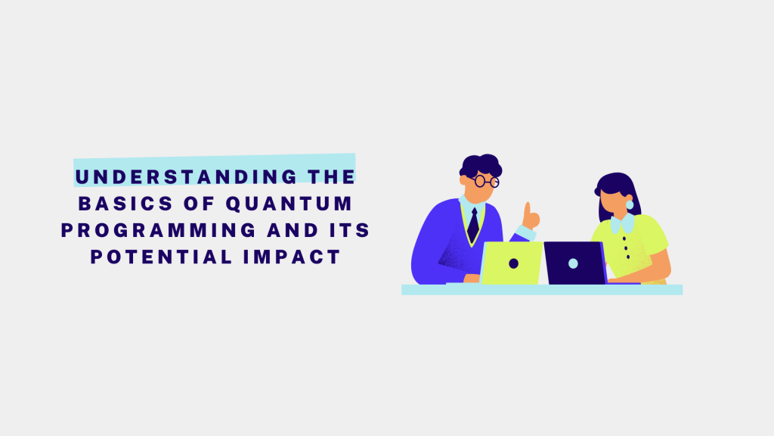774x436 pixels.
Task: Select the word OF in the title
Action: (198, 204)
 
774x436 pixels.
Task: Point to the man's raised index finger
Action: (528, 208)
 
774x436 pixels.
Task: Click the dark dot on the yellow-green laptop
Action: (513, 263)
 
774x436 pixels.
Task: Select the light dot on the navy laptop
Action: (573, 263)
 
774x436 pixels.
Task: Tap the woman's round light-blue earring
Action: (630, 205)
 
